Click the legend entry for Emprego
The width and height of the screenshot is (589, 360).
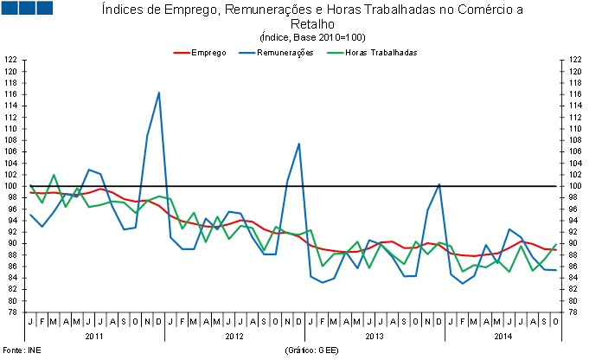[x=208, y=53]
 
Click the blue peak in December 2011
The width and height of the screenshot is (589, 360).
[x=159, y=93]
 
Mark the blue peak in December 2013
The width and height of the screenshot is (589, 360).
[x=439, y=184]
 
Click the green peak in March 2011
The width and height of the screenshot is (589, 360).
[x=54, y=175]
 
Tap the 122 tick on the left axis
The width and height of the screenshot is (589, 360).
[x=10, y=60]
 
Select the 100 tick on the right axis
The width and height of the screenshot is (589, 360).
[x=575, y=186]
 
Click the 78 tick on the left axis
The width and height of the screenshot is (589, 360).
[x=10, y=312]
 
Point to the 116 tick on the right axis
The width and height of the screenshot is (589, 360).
[x=575, y=94]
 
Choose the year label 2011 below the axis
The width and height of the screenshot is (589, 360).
[x=95, y=335]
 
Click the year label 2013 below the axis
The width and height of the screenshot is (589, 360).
[x=375, y=335]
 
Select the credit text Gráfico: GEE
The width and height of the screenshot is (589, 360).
[x=312, y=350]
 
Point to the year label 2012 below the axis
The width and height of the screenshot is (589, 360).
[x=235, y=335]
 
